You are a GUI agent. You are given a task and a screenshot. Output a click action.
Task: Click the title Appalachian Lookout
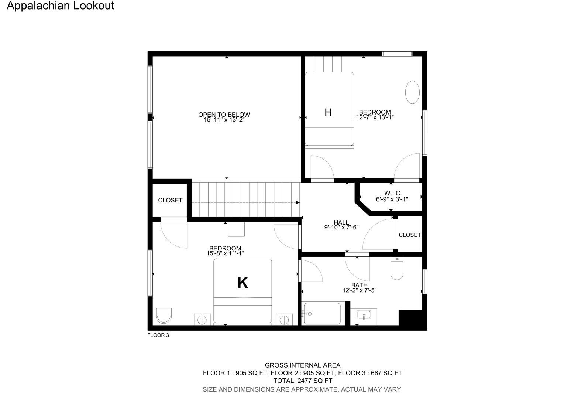click(61, 6)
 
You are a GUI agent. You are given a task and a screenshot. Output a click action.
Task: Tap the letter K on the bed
click(243, 283)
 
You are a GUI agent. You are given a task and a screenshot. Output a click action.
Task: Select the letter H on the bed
click(328, 112)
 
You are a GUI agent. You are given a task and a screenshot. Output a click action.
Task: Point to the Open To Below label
click(224, 115)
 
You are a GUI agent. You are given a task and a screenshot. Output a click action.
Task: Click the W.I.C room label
click(392, 193)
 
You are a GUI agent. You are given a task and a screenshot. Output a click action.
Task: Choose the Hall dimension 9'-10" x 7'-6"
click(341, 227)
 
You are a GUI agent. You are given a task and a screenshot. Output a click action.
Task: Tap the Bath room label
click(359, 285)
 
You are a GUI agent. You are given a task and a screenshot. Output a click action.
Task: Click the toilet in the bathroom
click(397, 268)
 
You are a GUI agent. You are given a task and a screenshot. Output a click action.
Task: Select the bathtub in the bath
click(322, 314)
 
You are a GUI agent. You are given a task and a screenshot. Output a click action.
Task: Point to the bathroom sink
click(364, 315)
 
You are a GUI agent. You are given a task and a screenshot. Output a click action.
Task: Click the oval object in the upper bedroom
click(412, 92)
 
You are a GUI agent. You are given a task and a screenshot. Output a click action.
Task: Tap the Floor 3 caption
click(158, 335)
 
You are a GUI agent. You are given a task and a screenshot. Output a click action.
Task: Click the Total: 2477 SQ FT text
click(303, 381)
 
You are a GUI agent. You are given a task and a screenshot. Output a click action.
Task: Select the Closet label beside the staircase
click(170, 200)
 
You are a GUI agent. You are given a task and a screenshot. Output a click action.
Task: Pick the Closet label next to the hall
click(410, 235)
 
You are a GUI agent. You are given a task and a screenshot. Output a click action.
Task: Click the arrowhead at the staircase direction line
click(298, 202)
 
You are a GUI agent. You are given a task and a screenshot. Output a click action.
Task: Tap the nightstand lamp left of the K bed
click(202, 320)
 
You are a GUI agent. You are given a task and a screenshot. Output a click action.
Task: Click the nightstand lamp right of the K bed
click(284, 320)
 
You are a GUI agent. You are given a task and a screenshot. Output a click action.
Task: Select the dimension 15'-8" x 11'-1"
click(226, 253)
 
